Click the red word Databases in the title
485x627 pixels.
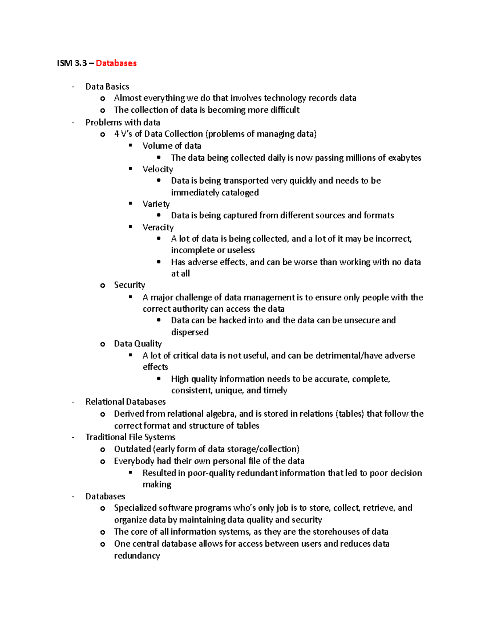[x=116, y=63]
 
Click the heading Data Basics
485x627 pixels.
[x=107, y=86]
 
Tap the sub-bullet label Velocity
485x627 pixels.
[x=158, y=169]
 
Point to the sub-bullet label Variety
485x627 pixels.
[x=156, y=204]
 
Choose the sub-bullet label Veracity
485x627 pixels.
[x=158, y=227]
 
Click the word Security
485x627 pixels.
[x=129, y=285]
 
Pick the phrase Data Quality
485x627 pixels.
[x=137, y=344]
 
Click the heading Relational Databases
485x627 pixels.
[x=125, y=402]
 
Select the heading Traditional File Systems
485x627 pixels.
[x=130, y=437]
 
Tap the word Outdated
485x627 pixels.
[x=132, y=449]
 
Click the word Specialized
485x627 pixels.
[x=135, y=507]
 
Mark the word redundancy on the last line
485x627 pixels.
[x=137, y=556]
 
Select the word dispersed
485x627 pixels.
[x=190, y=332]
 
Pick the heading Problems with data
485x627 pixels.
[x=122, y=122]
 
